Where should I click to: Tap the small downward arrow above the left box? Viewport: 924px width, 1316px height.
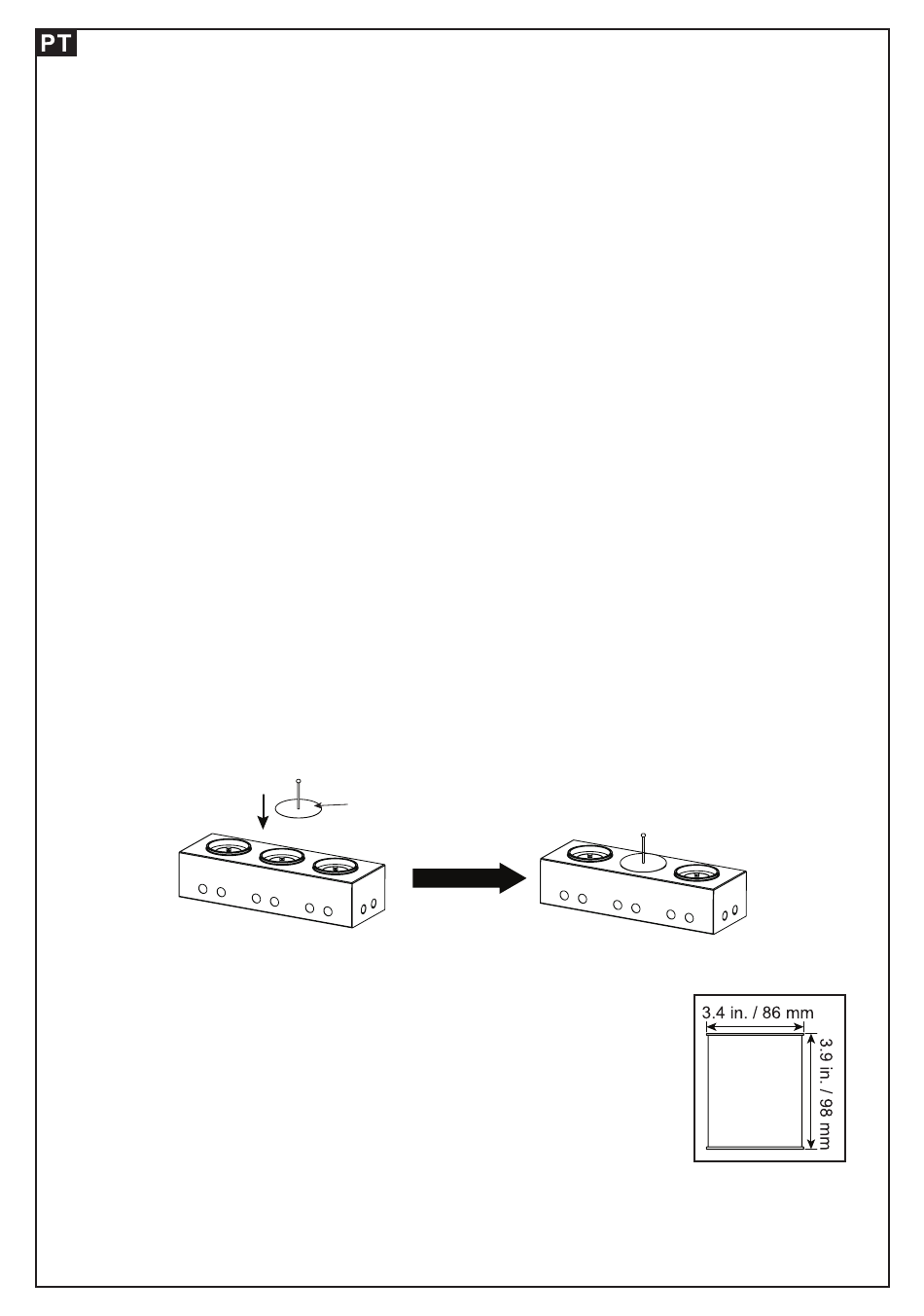[x=261, y=808]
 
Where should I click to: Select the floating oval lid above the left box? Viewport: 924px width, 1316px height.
[x=299, y=806]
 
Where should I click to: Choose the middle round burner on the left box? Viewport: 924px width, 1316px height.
[x=282, y=858]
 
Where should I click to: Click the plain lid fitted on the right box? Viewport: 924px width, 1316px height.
[x=644, y=862]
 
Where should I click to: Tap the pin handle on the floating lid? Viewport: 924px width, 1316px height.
[x=299, y=791]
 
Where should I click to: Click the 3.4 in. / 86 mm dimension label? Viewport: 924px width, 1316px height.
[x=758, y=1014]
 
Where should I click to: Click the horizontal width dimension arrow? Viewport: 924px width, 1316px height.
[x=756, y=1027]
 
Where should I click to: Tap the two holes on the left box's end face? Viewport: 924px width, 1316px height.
[x=369, y=909]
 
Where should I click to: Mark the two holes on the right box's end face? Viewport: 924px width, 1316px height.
[x=729, y=915]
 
